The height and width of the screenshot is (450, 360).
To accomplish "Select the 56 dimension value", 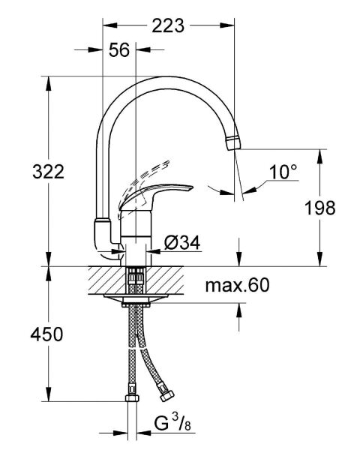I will pyautogui.click(x=118, y=51).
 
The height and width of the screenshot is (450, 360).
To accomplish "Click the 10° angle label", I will pyautogui.click(x=283, y=172).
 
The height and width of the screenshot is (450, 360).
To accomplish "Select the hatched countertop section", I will pyautogui.click(x=150, y=279).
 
